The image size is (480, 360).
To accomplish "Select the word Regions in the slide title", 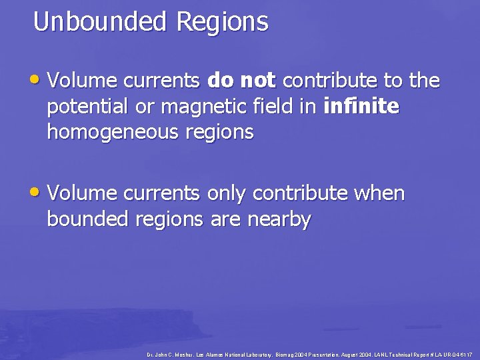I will (x=222, y=22).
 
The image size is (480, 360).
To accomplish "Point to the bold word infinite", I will (x=360, y=107).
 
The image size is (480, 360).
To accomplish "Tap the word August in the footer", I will (x=342, y=353).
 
